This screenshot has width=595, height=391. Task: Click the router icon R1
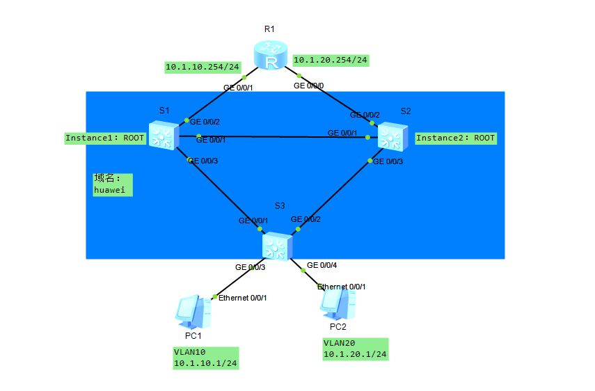[x=270, y=55]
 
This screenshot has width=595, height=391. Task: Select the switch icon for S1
[x=164, y=136]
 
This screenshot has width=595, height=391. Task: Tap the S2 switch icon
[x=392, y=136]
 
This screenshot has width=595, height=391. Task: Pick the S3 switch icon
[x=277, y=246]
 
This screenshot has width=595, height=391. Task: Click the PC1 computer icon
[x=193, y=312]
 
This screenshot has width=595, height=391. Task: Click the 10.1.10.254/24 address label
[x=203, y=67]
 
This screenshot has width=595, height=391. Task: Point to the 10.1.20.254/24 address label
[x=331, y=60]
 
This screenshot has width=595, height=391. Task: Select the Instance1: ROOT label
[x=104, y=138]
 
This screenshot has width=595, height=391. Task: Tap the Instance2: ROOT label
[x=455, y=138]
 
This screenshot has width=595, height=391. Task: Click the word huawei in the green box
[x=109, y=190]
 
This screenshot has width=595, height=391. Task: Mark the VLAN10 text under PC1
[x=189, y=352]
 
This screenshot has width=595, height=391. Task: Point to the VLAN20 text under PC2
[x=339, y=343]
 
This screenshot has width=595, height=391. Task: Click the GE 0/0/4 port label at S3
[x=322, y=265]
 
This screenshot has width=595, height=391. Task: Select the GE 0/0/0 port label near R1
[x=308, y=86]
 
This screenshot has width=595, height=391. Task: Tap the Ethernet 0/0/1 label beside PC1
[x=242, y=298]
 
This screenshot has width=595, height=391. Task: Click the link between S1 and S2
[x=278, y=136]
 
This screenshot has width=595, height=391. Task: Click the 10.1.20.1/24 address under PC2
[x=355, y=354]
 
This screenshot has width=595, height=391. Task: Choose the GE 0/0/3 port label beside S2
[x=388, y=161]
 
